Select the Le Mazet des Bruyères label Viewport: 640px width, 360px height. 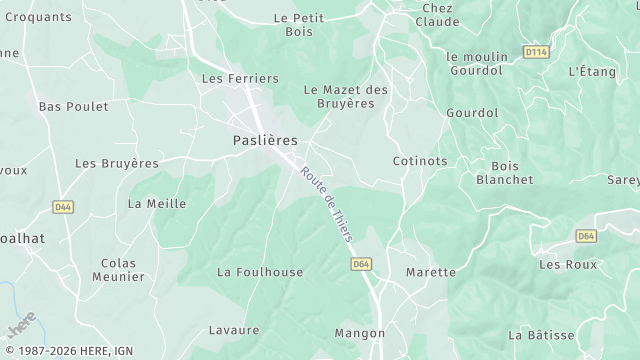click(345, 97)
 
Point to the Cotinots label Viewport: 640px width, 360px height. click(420, 160)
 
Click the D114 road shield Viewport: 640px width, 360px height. click(536, 51)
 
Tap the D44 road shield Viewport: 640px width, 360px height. click(63, 207)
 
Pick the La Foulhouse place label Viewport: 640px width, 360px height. click(260, 271)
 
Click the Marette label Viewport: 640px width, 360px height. click(431, 271)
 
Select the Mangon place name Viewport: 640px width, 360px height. click(360, 333)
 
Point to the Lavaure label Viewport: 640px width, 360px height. click(234, 330)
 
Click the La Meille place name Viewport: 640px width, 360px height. click(157, 203)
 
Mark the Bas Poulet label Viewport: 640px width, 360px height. click(72, 106)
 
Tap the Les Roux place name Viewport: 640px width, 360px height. click(568, 264)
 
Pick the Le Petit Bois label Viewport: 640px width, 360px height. click(299, 25)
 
